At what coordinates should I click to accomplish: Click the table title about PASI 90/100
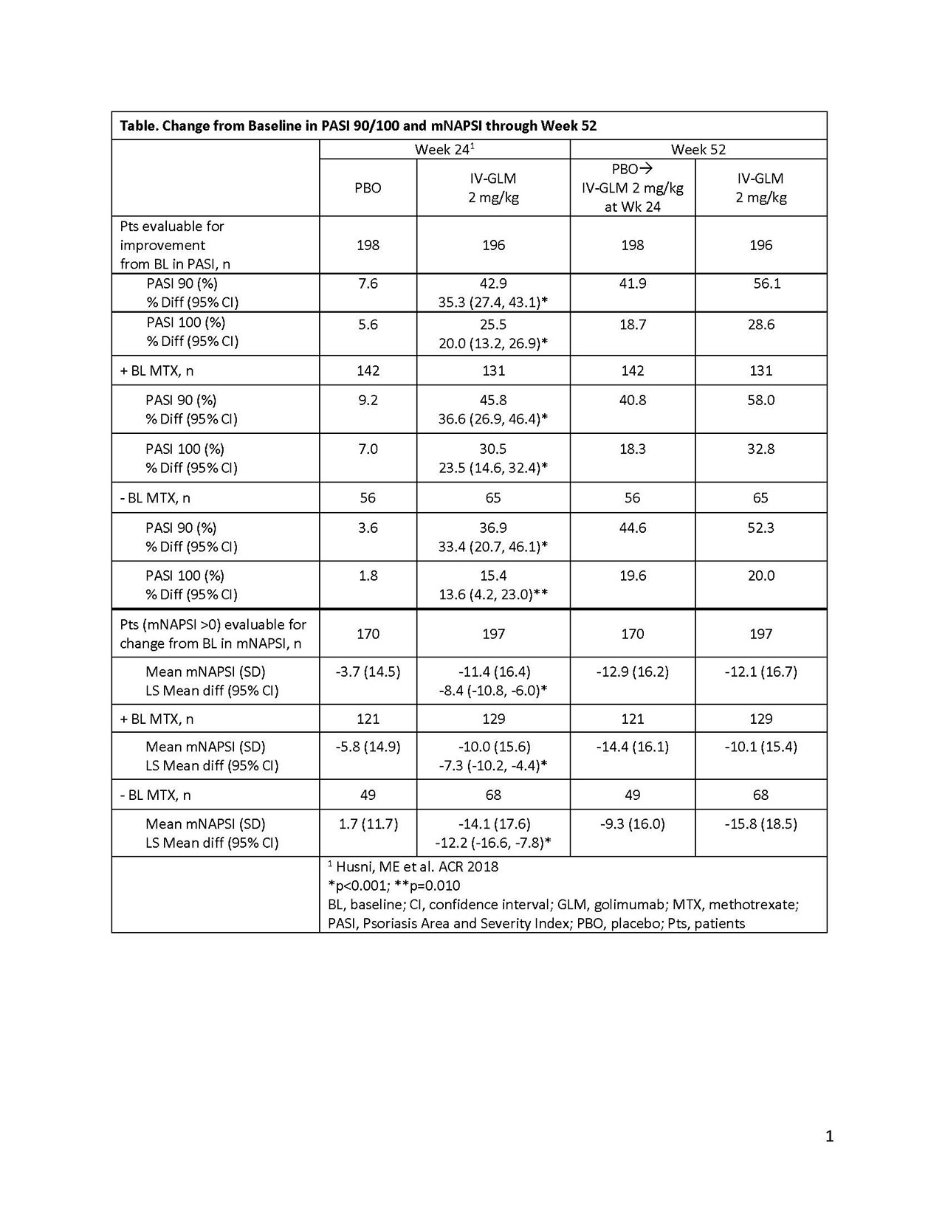click(358, 125)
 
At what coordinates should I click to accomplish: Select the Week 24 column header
click(444, 149)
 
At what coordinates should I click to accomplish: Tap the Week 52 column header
click(698, 149)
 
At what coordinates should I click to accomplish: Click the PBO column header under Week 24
click(368, 187)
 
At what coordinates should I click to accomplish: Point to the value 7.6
click(368, 283)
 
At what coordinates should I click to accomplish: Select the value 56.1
click(766, 283)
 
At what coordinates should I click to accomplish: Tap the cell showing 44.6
click(632, 528)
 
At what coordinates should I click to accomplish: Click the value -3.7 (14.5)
click(368, 672)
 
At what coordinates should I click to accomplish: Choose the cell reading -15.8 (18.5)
click(760, 824)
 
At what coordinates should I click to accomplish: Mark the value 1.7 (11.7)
click(368, 824)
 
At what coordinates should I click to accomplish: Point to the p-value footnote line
click(394, 885)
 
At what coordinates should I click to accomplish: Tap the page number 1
click(829, 1136)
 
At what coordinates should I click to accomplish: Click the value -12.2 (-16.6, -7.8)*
click(493, 843)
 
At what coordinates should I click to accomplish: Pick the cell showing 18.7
click(632, 325)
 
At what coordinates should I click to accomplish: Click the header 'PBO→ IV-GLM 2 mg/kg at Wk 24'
click(632, 187)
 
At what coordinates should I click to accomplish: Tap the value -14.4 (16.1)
click(632, 746)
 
